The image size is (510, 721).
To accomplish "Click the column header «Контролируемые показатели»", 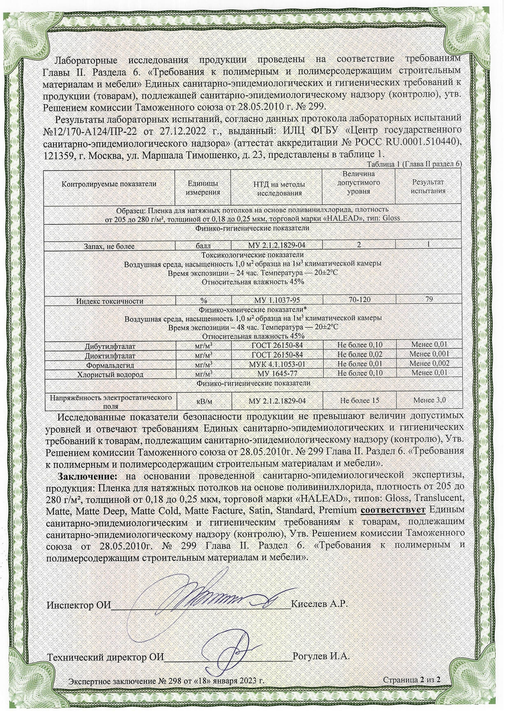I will (x=109, y=184).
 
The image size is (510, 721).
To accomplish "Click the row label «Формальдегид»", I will (x=110, y=365).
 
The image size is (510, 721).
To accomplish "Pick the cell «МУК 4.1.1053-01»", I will (x=277, y=364).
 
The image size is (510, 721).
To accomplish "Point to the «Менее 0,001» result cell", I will (x=429, y=354).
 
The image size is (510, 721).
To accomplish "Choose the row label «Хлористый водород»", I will (x=110, y=374).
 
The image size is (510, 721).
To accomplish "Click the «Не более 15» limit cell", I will (x=359, y=400).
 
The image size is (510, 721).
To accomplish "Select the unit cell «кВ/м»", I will (x=203, y=400).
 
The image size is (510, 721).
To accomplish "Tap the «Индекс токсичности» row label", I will (x=110, y=301).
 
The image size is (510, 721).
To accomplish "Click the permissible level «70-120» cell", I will (x=359, y=300).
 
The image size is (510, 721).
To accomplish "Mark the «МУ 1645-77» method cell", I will (x=277, y=374).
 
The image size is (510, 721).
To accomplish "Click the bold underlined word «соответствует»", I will (x=393, y=510).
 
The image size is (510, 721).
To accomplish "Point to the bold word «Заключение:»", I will (x=88, y=476).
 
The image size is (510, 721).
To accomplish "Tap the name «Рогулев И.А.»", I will (x=321, y=656).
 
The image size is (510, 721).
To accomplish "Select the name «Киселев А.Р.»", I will (x=319, y=604).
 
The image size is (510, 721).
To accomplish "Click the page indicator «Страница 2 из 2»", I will (x=412, y=679).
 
